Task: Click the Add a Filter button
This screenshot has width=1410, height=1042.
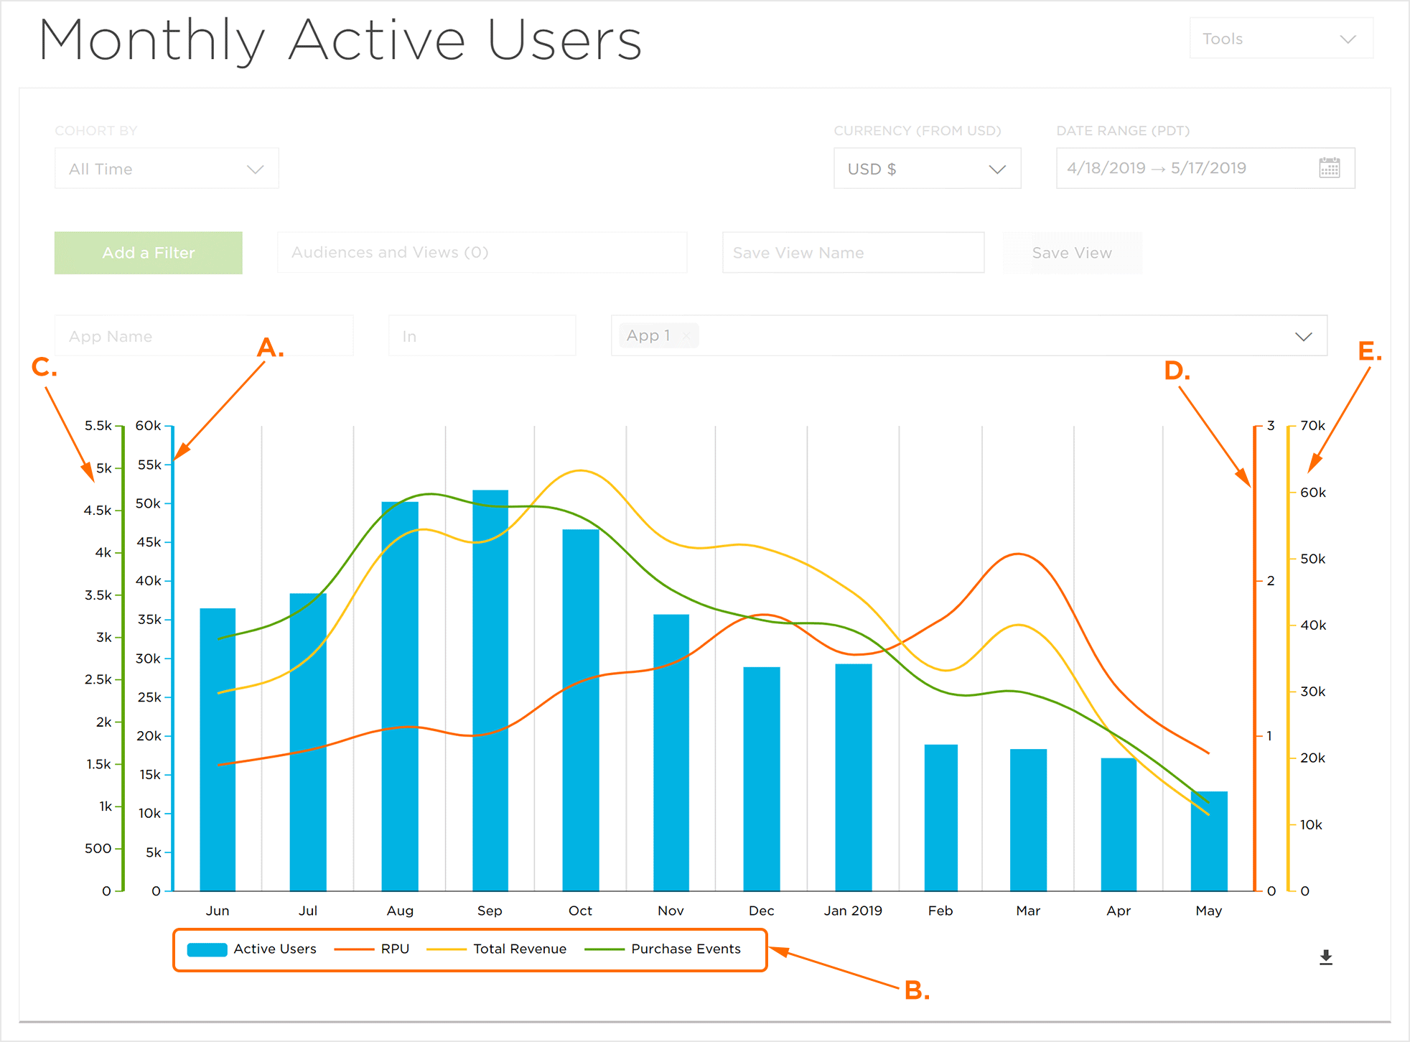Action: tap(148, 253)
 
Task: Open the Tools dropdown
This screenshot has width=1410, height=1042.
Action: tap(1281, 39)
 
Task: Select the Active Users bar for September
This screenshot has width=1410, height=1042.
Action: tap(490, 689)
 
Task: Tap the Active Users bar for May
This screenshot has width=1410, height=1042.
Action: tap(1209, 840)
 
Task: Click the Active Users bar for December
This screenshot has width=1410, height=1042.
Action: tap(762, 778)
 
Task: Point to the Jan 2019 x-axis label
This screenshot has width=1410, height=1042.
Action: tap(853, 911)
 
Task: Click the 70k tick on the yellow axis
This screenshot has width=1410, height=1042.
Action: tap(1312, 426)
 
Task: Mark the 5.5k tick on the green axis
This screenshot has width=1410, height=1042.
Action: tap(98, 426)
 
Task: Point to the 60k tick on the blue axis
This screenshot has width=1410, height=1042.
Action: tap(149, 426)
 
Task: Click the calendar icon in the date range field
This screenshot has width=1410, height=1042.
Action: tap(1330, 168)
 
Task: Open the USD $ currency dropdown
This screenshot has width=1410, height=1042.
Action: tap(927, 169)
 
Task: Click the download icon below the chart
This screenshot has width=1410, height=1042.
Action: tap(1326, 957)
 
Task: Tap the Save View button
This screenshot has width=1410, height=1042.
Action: tap(1072, 253)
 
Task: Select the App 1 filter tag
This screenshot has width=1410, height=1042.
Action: tap(648, 335)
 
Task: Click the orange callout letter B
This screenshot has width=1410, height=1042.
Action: tap(916, 991)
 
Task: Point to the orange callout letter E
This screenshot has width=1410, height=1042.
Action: tap(1369, 352)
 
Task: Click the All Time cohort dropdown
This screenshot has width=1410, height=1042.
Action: tap(167, 169)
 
